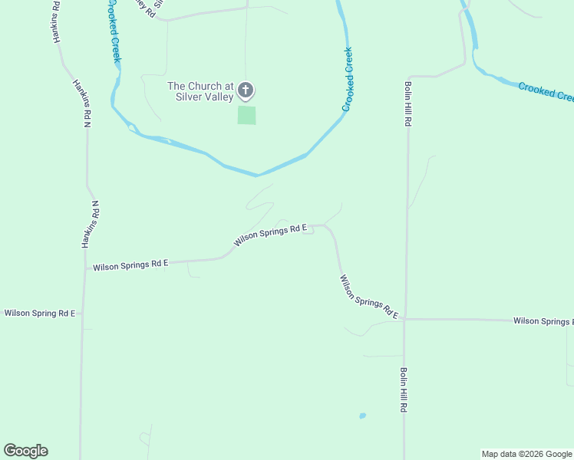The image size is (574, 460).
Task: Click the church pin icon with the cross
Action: click(246, 91)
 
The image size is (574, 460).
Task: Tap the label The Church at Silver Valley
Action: click(201, 92)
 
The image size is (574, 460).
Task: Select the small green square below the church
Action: click(246, 115)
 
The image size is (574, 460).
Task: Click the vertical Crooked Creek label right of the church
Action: click(348, 80)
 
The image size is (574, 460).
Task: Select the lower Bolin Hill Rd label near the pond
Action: click(402, 390)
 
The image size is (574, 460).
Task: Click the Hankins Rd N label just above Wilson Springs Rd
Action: click(91, 224)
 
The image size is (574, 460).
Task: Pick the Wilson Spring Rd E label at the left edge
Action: click(40, 313)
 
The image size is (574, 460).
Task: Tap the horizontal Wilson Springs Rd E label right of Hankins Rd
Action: click(130, 265)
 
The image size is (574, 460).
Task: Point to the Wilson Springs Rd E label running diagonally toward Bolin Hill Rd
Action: click(369, 297)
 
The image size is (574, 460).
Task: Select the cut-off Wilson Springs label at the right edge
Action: click(543, 320)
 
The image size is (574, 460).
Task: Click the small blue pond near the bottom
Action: click(362, 416)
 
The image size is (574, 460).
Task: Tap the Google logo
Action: click(25, 451)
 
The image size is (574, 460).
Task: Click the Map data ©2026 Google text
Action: click(526, 454)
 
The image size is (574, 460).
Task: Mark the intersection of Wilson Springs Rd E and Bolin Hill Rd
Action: click(404, 318)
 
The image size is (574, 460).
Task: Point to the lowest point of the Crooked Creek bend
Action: click(257, 175)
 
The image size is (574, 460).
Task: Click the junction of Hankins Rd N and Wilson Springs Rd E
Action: click(84, 268)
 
